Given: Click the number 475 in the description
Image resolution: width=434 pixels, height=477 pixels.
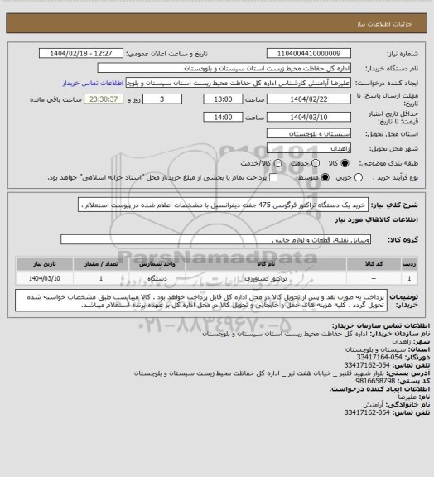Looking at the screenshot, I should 260,203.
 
